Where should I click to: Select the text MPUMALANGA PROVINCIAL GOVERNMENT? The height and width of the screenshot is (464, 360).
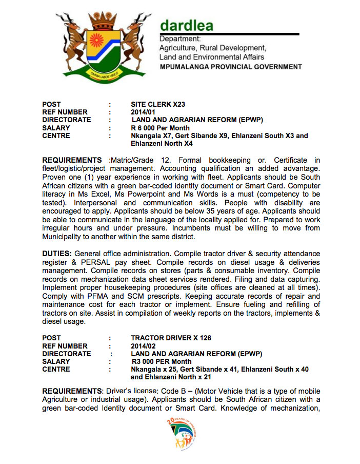coord(231,67)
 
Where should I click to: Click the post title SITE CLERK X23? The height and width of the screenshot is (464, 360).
coord(158,104)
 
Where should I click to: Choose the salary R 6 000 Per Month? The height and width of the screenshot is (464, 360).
coord(160,128)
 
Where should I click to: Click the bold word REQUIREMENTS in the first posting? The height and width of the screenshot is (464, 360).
coord(72,161)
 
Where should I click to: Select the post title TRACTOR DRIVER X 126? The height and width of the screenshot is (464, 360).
coord(171,338)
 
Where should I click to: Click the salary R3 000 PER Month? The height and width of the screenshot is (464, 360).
coord(162,361)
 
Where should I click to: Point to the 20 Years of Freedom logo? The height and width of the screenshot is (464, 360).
coord(182,434)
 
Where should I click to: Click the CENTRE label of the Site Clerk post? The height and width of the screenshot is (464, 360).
coord(56,136)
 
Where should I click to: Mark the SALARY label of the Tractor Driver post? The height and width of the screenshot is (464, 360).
coord(56,361)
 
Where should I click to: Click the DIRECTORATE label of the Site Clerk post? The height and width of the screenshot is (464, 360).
coord(67,120)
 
